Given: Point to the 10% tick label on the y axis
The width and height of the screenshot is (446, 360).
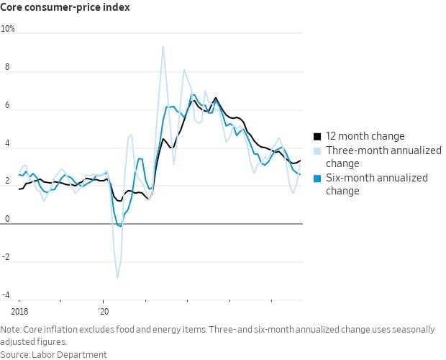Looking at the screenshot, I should coord(8,30).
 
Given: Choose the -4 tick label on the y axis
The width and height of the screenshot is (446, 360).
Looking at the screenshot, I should coord(6,296).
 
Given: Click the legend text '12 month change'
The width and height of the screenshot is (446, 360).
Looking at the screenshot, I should coord(365,136).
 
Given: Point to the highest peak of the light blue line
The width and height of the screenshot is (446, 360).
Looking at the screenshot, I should coord(163,47).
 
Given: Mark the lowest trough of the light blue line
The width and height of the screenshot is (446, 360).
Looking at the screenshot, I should coord(118,277).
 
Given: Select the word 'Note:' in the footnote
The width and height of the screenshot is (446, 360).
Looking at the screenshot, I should coord(12,329).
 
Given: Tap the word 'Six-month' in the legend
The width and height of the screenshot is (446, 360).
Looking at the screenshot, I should coord(350,178).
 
